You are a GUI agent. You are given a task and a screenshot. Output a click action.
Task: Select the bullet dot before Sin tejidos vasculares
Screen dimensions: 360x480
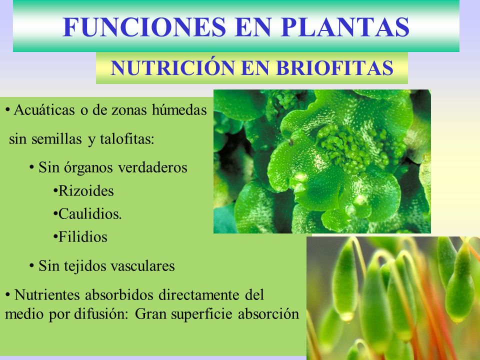32,265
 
